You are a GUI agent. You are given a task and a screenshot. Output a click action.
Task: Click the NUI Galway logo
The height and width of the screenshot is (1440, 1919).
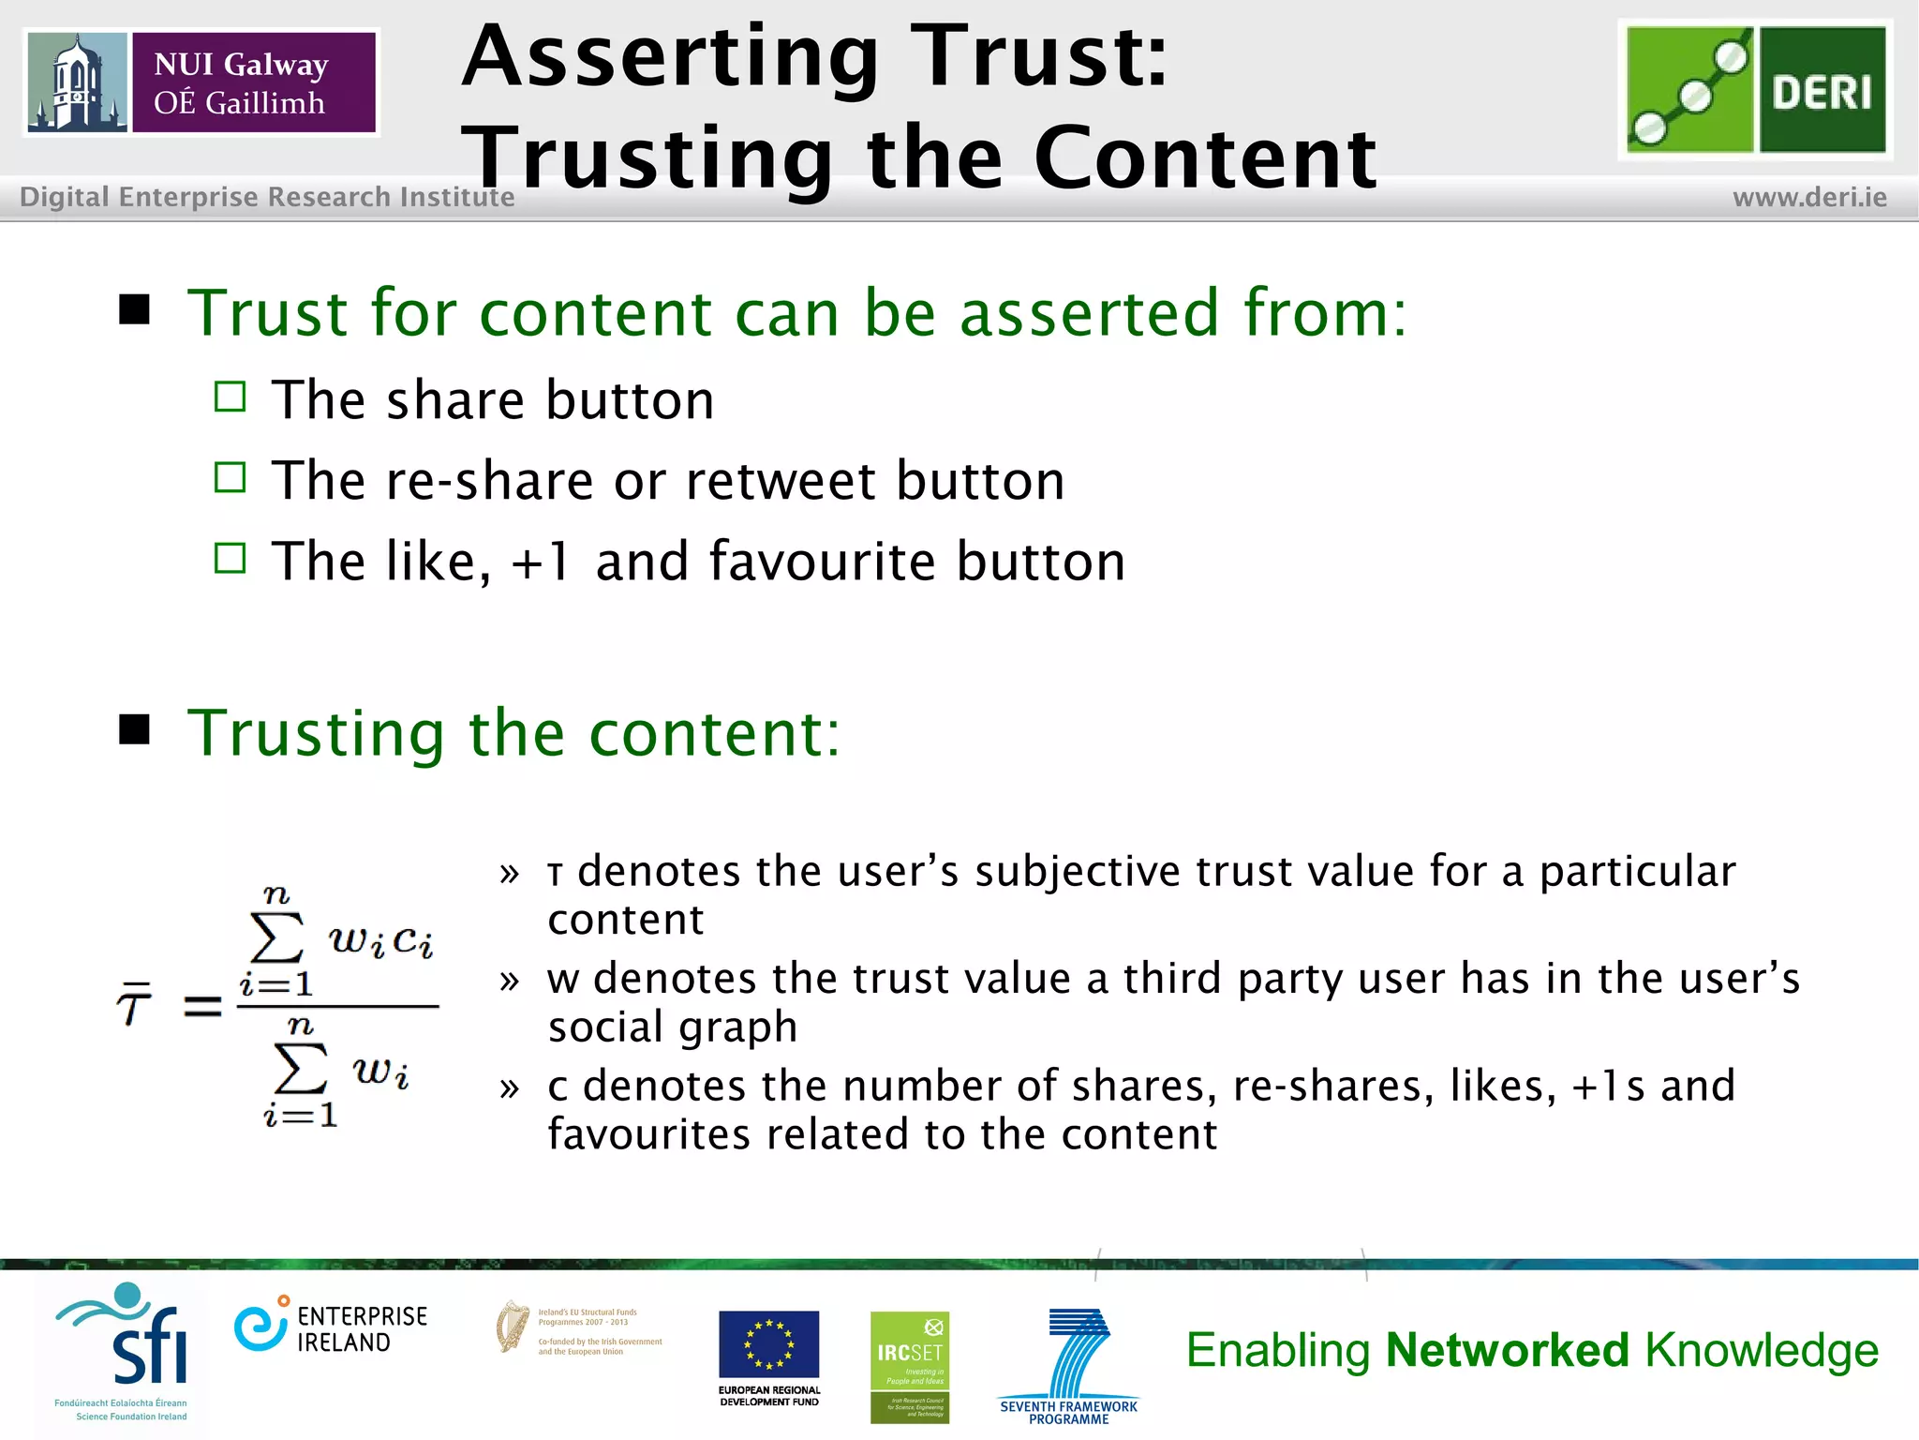[201, 82]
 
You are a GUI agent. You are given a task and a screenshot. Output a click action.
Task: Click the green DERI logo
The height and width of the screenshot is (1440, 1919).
[1755, 90]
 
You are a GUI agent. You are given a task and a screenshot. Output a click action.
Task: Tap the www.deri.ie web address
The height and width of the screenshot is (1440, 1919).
[1809, 198]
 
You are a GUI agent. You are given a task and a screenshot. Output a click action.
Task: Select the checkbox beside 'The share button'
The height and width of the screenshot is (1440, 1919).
[230, 397]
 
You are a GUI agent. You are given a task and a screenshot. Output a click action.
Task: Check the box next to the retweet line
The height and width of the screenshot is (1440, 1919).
[230, 478]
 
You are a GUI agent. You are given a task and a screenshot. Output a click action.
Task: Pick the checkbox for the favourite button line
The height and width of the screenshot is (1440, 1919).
[230, 559]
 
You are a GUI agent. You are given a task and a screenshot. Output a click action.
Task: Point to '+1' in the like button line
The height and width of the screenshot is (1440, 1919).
[541, 562]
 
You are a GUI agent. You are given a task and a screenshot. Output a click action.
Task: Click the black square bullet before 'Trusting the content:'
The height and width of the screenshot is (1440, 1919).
[135, 729]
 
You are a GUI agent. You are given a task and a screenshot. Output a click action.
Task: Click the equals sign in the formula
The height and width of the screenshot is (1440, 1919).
[202, 1007]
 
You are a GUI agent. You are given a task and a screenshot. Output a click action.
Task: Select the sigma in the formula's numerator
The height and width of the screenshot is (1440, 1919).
[277, 937]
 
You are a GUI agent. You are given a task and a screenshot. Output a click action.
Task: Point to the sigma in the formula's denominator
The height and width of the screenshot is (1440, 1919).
[301, 1069]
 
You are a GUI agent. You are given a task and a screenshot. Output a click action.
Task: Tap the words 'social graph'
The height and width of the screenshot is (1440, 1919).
[673, 1027]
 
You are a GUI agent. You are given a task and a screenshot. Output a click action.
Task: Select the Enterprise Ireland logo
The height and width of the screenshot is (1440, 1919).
[331, 1327]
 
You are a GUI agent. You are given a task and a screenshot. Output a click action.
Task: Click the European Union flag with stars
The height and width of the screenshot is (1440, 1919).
[768, 1343]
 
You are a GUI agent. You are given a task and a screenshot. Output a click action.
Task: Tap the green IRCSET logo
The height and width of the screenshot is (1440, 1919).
[909, 1366]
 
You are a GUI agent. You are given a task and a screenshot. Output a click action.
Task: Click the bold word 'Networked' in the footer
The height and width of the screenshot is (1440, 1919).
[1507, 1351]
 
